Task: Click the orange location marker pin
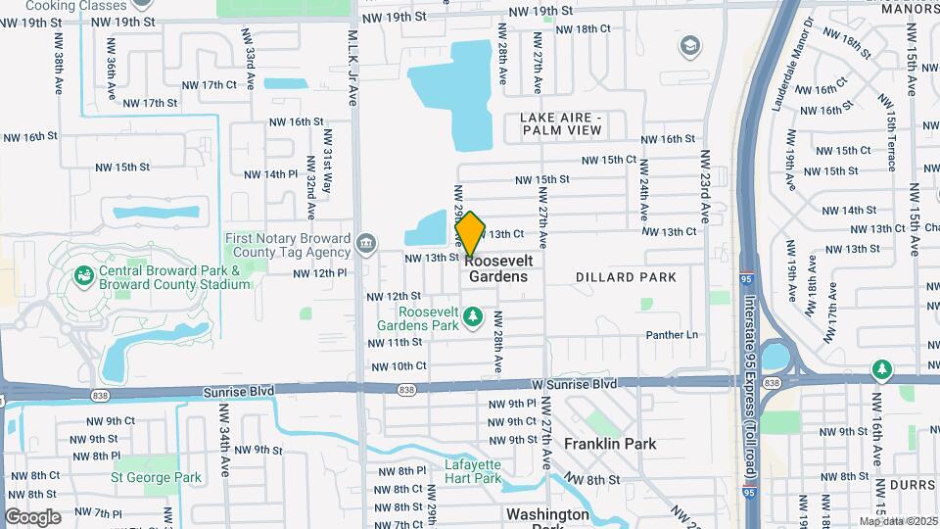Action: (471, 233)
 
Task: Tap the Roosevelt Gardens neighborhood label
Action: (498, 268)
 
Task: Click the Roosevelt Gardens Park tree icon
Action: (474, 316)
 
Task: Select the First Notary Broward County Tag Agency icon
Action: (365, 242)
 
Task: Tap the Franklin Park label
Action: (610, 444)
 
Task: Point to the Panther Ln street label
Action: (672, 335)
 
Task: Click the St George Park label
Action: (156, 478)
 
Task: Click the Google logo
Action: (33, 516)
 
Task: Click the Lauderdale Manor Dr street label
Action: (790, 65)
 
